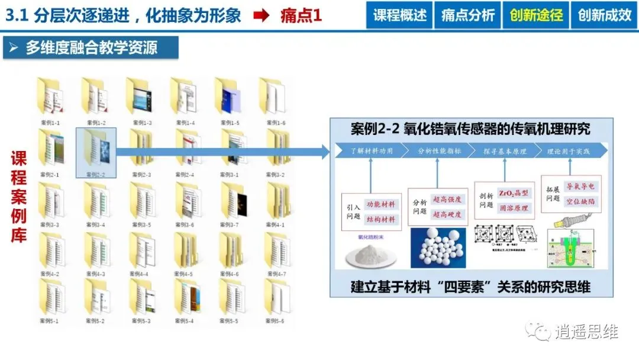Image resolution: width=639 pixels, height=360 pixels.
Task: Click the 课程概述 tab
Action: tap(399, 15)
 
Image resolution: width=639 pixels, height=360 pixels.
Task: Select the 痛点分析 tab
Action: tap(467, 15)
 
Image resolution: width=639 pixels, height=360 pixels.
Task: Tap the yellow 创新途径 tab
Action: tap(536, 15)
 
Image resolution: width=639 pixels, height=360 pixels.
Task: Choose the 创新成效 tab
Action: tap(605, 15)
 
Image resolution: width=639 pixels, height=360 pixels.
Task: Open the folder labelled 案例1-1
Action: tap(50, 95)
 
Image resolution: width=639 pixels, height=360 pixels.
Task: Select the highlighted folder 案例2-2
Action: tap(96, 148)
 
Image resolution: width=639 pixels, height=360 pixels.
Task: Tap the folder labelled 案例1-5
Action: tap(233, 95)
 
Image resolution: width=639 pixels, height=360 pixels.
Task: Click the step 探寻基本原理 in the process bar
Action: tap(504, 151)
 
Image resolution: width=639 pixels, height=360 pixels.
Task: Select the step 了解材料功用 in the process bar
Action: tap(371, 151)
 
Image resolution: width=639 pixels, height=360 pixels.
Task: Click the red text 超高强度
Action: tap(447, 200)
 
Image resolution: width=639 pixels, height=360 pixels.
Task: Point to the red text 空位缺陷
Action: tap(580, 201)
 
